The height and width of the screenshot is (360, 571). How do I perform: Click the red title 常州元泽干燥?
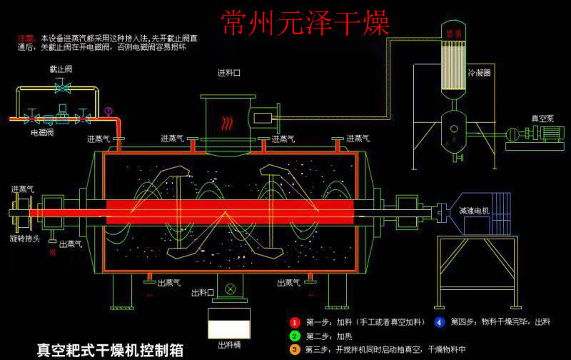click(305, 24)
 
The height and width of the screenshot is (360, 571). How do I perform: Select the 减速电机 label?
click(474, 211)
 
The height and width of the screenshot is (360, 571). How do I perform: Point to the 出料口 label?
click(203, 292)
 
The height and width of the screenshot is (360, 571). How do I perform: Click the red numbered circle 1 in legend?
click(294, 321)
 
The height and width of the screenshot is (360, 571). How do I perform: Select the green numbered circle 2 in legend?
click(294, 336)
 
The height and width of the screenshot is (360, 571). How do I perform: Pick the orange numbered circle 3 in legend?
click(294, 349)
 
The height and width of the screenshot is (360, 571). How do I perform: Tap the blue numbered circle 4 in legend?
click(439, 321)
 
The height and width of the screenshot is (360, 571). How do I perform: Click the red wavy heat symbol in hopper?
click(226, 123)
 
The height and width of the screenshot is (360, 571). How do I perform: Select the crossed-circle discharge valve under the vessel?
click(230, 289)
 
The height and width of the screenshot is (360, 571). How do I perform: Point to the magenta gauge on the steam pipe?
click(108, 111)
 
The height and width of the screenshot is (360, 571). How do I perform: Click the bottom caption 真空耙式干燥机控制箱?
click(110, 350)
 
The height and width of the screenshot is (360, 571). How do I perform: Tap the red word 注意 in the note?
click(26, 37)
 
